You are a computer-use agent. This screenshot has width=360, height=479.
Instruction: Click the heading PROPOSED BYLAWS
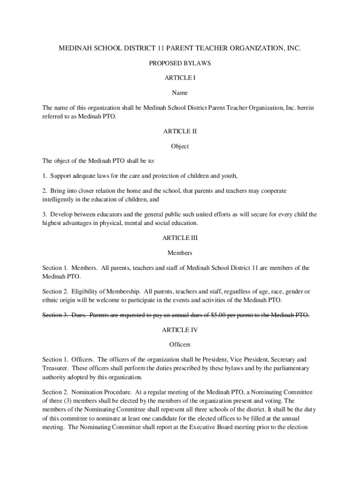pyautogui.click(x=180, y=63)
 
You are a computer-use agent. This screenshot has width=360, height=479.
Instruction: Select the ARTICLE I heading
pyautogui.click(x=180, y=78)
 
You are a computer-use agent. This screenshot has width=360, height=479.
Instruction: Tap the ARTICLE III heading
pyautogui.click(x=180, y=238)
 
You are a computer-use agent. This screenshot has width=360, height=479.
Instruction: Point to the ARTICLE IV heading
pyautogui.click(x=180, y=330)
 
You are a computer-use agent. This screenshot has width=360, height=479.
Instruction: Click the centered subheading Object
pyautogui.click(x=180, y=146)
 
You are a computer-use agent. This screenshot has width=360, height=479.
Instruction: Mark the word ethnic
pyautogui.click(x=50, y=299)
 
